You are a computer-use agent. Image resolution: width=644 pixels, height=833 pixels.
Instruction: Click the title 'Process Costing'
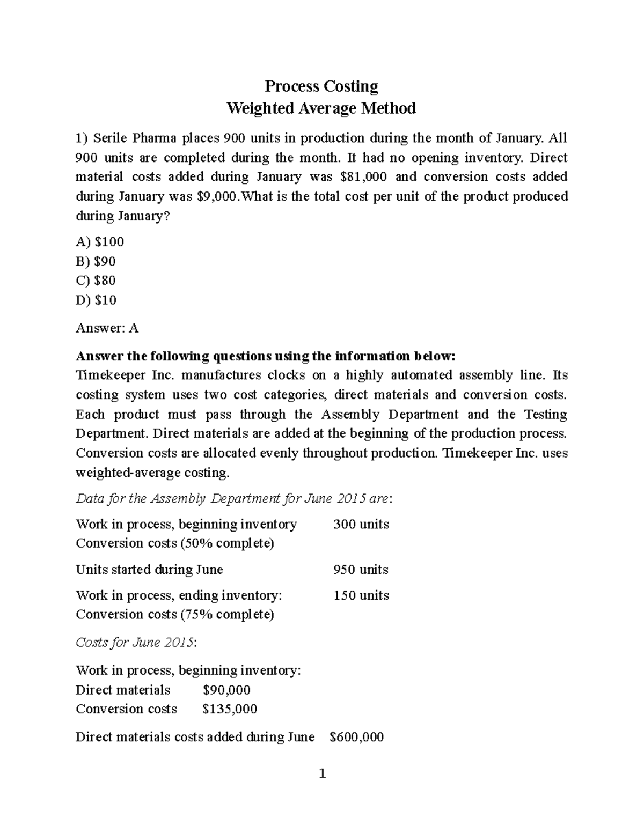(321, 86)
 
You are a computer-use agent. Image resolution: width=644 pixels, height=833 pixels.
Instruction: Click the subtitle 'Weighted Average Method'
(321, 108)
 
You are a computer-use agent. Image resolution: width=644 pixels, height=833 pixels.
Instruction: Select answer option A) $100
(100, 242)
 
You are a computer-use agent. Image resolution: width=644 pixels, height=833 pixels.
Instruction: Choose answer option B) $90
(96, 261)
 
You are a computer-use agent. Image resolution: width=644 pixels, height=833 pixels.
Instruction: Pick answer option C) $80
(96, 281)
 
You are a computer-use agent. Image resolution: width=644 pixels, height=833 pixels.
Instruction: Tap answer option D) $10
(97, 300)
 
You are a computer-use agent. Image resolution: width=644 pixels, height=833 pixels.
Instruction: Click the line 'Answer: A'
(107, 328)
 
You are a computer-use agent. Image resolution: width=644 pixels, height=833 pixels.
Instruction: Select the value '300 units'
(361, 524)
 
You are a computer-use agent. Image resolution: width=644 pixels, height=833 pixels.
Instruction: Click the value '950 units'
(361, 569)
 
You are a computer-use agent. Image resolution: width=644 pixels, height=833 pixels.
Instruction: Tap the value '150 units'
(361, 595)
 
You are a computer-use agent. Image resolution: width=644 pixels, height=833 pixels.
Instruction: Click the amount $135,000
(230, 709)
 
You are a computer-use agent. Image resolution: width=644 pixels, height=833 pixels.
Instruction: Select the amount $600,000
(356, 737)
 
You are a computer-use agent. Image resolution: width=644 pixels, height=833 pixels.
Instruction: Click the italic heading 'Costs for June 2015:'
(136, 643)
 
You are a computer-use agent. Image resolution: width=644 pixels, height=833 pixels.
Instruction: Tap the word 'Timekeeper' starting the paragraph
(107, 375)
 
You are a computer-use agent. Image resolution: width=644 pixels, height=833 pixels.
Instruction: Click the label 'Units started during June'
(149, 569)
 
